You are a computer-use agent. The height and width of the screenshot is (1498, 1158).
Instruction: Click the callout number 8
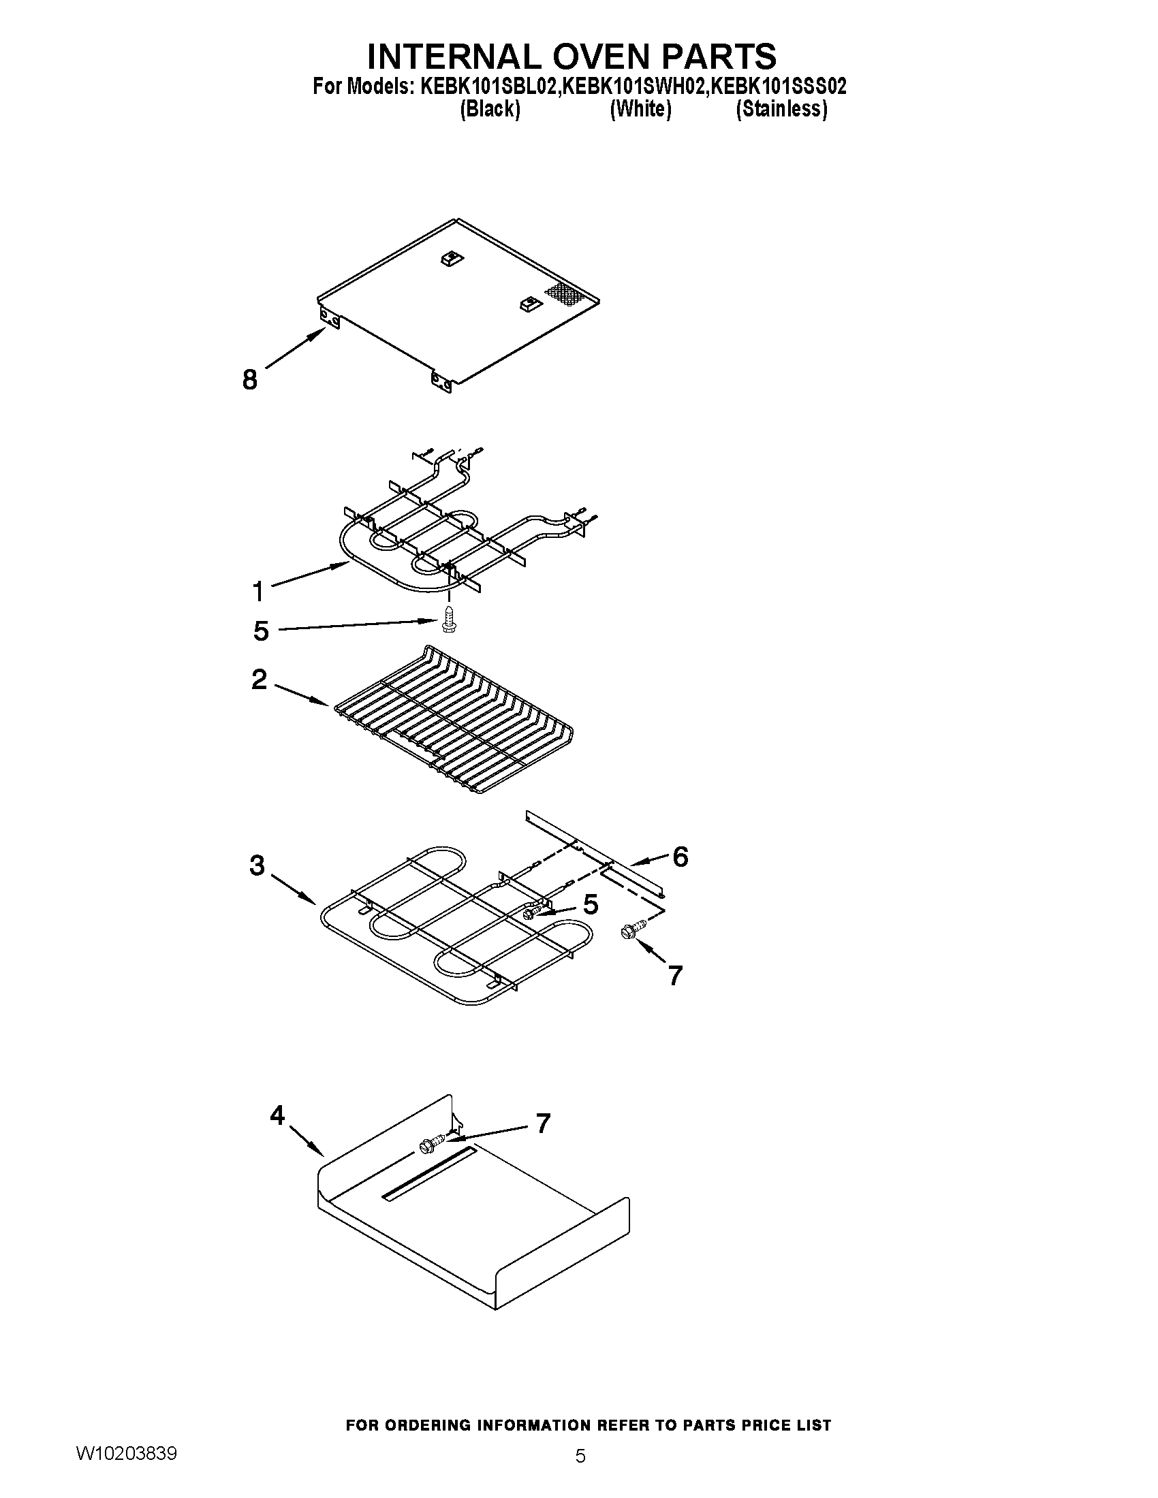tap(250, 379)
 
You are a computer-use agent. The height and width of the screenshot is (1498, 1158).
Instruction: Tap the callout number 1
tap(258, 590)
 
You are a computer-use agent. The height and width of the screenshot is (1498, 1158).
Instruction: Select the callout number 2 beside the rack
tap(259, 679)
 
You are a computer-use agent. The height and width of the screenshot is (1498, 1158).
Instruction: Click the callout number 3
tap(257, 865)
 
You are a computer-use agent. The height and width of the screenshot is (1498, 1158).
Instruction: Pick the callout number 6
tap(680, 856)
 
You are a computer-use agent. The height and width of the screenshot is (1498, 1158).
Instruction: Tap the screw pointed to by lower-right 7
tap(627, 931)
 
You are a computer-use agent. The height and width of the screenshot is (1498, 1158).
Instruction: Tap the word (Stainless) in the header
tap(781, 109)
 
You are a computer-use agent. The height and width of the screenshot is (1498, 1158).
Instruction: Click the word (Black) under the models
tap(490, 109)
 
